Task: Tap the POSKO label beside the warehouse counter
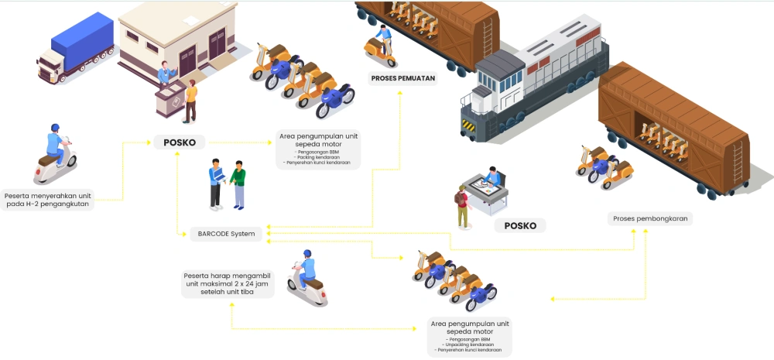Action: coord(180,142)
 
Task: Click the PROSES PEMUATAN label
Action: coord(402,77)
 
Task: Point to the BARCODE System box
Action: coord(226,234)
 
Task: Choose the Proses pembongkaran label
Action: coord(649,219)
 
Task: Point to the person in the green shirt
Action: coord(238,184)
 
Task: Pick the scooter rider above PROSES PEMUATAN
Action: coord(381,46)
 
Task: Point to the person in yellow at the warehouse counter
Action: coord(190,99)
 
